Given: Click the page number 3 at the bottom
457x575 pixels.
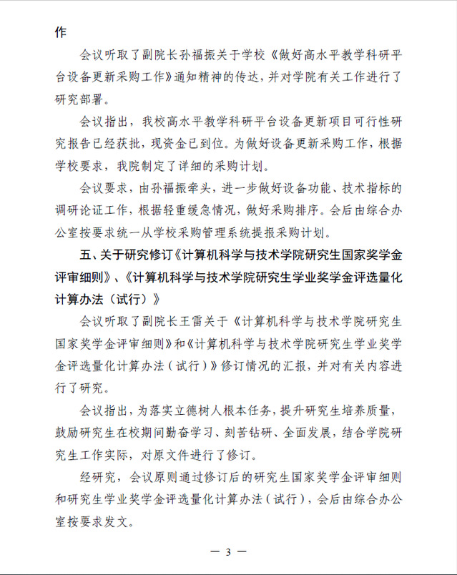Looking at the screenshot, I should pyautogui.click(x=228, y=552).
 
